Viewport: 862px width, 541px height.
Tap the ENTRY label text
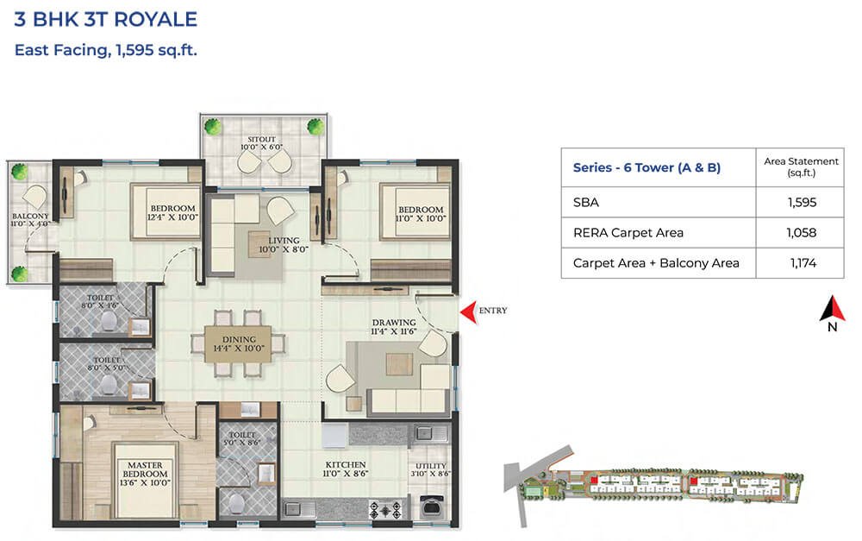pyautogui.click(x=493, y=311)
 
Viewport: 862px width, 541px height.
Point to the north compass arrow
pyautogui.click(x=833, y=309)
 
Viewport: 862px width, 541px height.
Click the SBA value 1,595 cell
pyautogui.click(x=802, y=202)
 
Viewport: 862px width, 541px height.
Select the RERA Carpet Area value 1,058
pyautogui.click(x=802, y=232)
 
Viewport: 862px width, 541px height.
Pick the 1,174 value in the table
pyautogui.click(x=803, y=262)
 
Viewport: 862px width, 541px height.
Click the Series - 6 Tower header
pyautogui.click(x=646, y=167)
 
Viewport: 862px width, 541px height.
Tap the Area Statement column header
pyautogui.click(x=801, y=167)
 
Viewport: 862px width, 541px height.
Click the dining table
pyautogui.click(x=238, y=344)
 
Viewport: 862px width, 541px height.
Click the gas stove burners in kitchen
pyautogui.click(x=386, y=510)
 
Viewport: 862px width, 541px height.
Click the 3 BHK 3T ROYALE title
pyautogui.click(x=105, y=19)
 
